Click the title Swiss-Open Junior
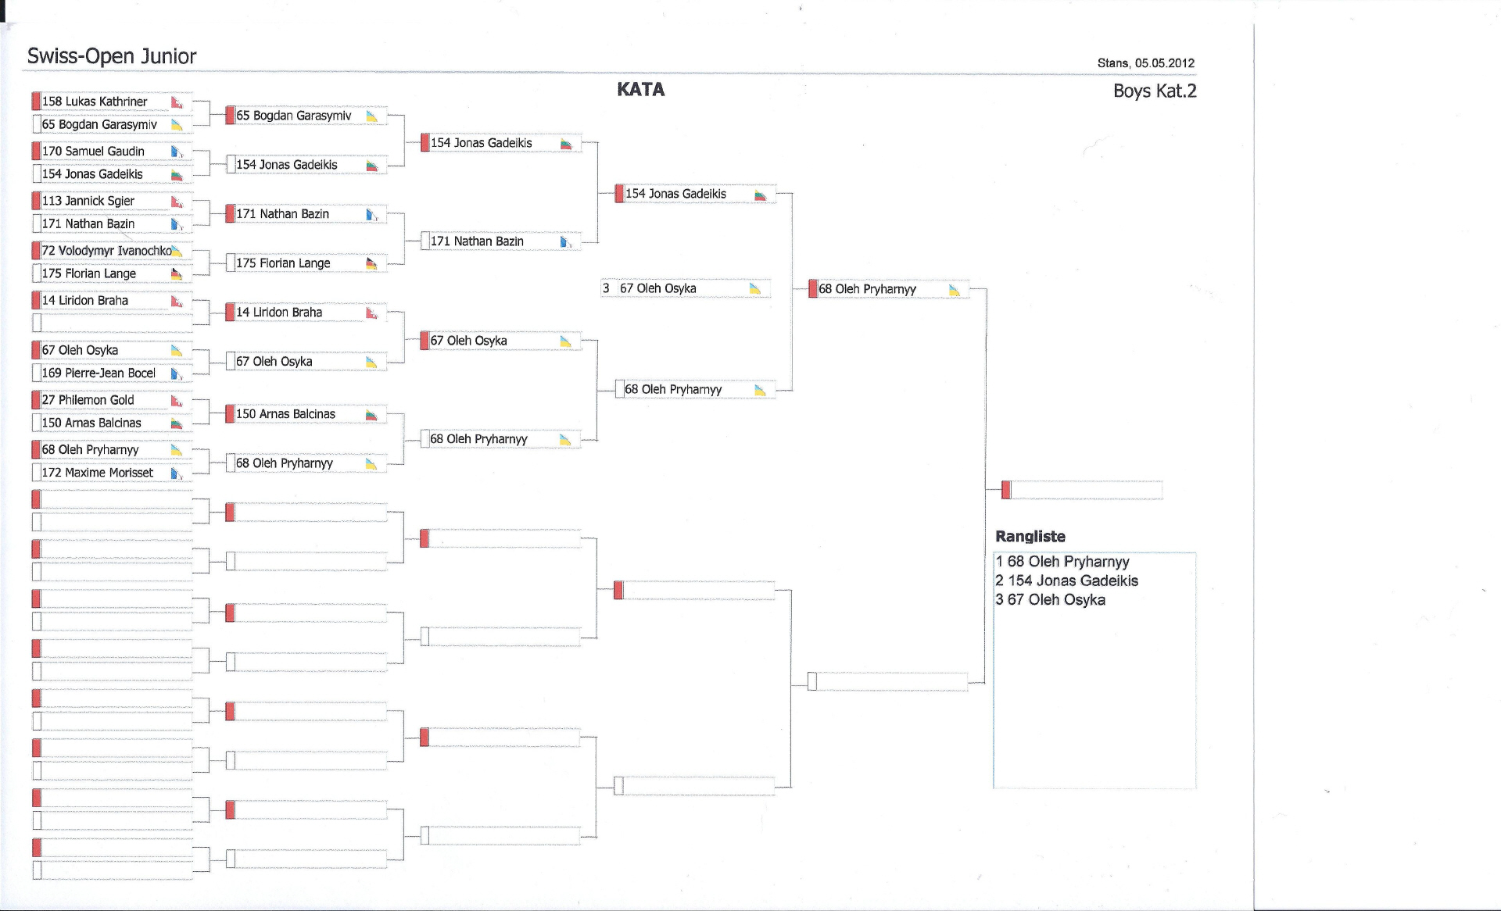(x=112, y=56)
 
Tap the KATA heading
(x=640, y=90)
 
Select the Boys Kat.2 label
(x=1155, y=91)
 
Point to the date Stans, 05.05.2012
(x=1145, y=63)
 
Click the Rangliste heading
(x=1030, y=537)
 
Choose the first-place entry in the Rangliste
(x=1062, y=562)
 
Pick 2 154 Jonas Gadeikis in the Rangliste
(x=1066, y=581)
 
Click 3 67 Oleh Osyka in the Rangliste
(x=1050, y=600)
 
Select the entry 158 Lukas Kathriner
(x=95, y=102)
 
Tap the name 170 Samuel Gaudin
(x=93, y=152)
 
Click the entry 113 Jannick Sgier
(x=88, y=201)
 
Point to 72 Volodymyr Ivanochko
(x=107, y=251)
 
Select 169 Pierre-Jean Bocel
(x=99, y=373)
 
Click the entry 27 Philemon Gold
(x=88, y=400)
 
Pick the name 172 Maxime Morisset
(x=98, y=473)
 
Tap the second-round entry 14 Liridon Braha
(x=279, y=313)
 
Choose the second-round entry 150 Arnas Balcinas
(x=285, y=414)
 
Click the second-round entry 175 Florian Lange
(x=283, y=263)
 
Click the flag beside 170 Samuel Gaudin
(x=177, y=152)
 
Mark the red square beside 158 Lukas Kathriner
(x=36, y=101)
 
